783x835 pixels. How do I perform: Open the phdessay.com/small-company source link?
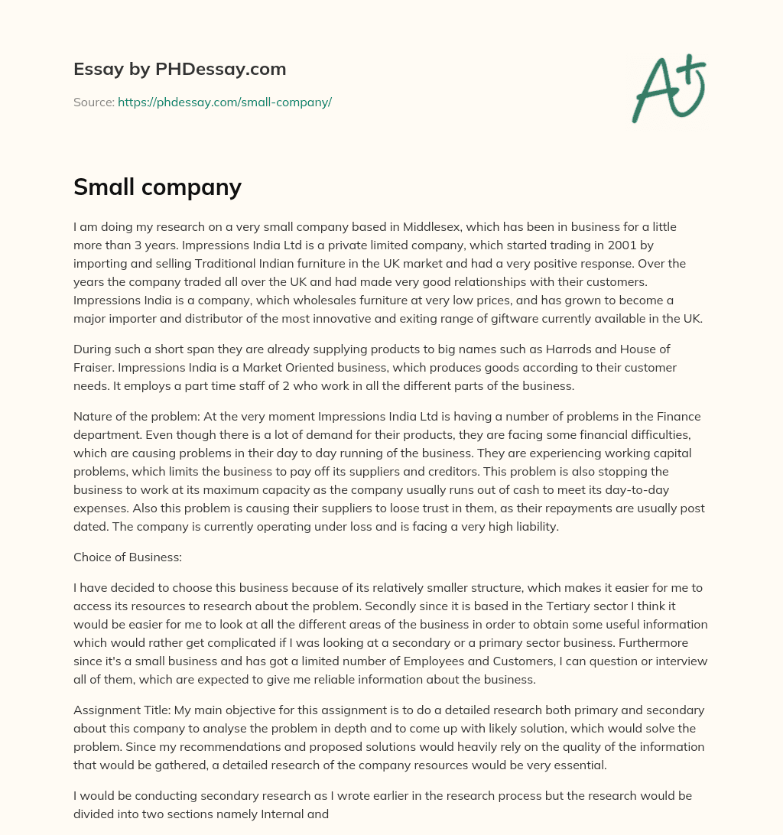click(x=224, y=102)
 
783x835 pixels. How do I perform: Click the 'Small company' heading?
click(x=157, y=187)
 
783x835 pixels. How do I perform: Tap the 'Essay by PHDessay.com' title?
click(x=180, y=70)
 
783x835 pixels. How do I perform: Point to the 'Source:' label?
click(x=93, y=102)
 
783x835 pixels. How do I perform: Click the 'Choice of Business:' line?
click(x=127, y=557)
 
